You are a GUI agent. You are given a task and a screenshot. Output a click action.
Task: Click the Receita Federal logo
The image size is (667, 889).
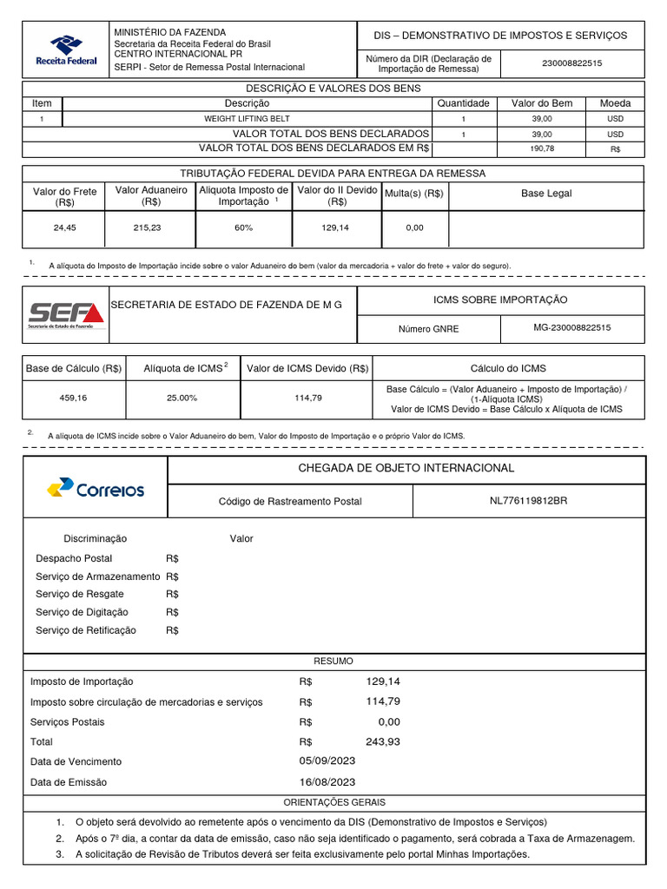click(x=66, y=50)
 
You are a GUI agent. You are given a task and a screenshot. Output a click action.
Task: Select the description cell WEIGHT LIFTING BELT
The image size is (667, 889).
click(x=247, y=118)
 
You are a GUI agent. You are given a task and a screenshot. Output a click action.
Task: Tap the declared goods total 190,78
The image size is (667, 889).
click(x=541, y=149)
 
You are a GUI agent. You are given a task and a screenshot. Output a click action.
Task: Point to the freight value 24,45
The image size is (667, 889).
click(x=65, y=227)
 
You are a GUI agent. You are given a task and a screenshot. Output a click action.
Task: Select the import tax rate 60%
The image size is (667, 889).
click(x=244, y=227)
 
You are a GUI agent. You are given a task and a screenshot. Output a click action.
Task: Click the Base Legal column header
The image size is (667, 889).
click(x=546, y=194)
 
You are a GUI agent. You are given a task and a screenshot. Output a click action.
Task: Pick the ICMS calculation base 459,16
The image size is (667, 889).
click(x=74, y=398)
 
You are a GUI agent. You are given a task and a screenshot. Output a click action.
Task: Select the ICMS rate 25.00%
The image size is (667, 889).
click(x=182, y=398)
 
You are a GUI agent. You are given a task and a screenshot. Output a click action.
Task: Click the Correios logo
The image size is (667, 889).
click(x=96, y=489)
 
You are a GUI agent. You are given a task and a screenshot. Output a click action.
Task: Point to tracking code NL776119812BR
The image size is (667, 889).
click(x=528, y=501)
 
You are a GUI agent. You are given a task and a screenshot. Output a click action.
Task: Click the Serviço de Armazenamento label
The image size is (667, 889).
click(x=97, y=576)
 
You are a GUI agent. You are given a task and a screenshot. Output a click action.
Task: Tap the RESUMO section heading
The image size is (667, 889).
click(x=333, y=661)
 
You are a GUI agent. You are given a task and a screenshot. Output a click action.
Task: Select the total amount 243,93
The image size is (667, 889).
click(x=383, y=741)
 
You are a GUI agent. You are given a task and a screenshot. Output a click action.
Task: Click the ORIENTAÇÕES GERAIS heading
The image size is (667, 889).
click(x=334, y=802)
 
